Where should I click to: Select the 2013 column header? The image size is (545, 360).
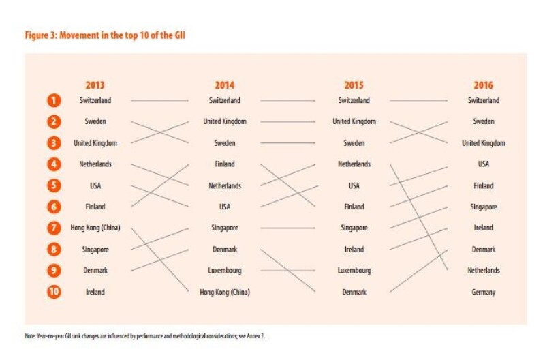[x=95, y=85]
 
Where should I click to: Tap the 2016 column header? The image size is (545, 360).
[x=483, y=85]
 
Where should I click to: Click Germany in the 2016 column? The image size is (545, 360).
[x=483, y=292]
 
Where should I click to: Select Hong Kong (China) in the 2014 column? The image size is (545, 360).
[x=224, y=292]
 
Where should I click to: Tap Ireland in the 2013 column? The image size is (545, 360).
[x=95, y=292]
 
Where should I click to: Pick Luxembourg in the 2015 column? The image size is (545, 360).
[x=354, y=271]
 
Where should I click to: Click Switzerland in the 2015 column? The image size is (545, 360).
[x=354, y=101]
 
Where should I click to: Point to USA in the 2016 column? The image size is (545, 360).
[x=483, y=164]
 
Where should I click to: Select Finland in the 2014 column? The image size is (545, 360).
[x=224, y=164]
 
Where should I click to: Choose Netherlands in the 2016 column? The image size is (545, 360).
[x=483, y=271]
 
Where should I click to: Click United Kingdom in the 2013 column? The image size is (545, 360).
[x=95, y=143]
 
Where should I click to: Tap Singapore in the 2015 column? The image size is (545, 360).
[x=354, y=228]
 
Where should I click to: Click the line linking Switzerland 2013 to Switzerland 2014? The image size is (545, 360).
[x=159, y=101]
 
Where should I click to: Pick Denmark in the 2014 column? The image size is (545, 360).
[x=224, y=250]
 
